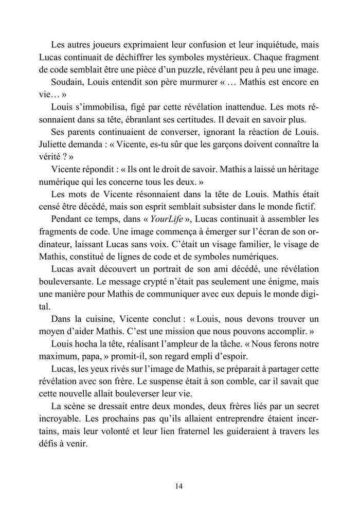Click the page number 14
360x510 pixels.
[179, 486]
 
